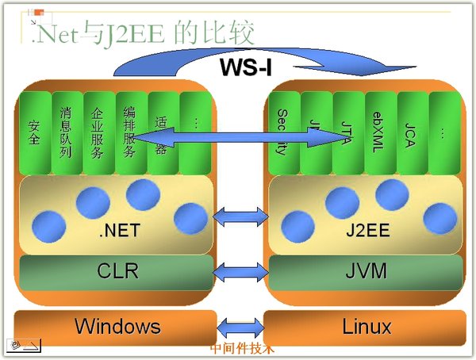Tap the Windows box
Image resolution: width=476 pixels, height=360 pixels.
tap(117, 326)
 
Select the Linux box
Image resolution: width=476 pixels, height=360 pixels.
tap(366, 326)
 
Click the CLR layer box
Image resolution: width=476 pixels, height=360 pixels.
tap(117, 271)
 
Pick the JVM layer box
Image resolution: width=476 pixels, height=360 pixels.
tap(366, 271)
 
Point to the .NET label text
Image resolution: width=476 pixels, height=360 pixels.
tap(118, 232)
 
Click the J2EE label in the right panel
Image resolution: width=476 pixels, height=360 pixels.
tap(366, 232)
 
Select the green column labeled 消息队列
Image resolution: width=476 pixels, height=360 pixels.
tap(67, 131)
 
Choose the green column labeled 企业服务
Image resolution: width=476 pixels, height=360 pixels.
tap(98, 131)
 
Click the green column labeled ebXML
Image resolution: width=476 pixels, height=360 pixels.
tap(378, 131)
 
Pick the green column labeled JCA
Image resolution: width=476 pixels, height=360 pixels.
tap(411, 131)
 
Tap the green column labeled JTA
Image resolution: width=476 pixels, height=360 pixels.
tap(347, 131)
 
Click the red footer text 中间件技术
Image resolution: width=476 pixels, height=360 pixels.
tap(242, 348)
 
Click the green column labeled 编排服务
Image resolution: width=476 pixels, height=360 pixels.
tap(130, 131)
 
